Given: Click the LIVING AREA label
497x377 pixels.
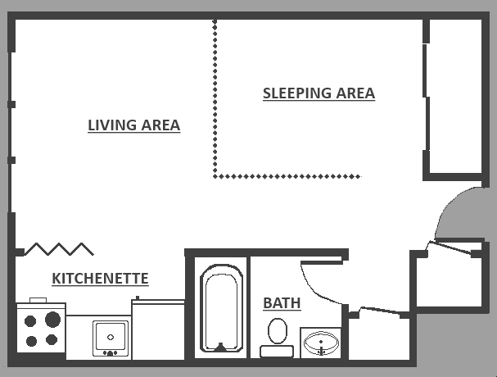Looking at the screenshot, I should point(133,125).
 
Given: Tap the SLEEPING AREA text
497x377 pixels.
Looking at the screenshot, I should point(319,93).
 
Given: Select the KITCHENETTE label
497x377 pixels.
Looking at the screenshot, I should point(100,279).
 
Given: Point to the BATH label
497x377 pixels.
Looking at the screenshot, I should point(282,303).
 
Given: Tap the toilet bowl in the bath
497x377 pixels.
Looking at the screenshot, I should point(278,331).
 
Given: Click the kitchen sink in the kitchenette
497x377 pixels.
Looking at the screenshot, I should point(110,337).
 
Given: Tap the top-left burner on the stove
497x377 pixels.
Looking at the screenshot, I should point(32,320).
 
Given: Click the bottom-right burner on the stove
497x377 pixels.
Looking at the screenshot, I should point(51,339).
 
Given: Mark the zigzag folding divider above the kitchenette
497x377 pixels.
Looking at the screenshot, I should point(61,248).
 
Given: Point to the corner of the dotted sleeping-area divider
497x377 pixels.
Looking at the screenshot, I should point(215,175).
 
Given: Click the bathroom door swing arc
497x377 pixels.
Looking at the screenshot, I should point(315,279).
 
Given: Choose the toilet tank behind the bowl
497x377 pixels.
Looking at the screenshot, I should point(277,352).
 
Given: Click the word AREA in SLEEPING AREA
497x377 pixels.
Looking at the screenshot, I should point(353,93).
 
